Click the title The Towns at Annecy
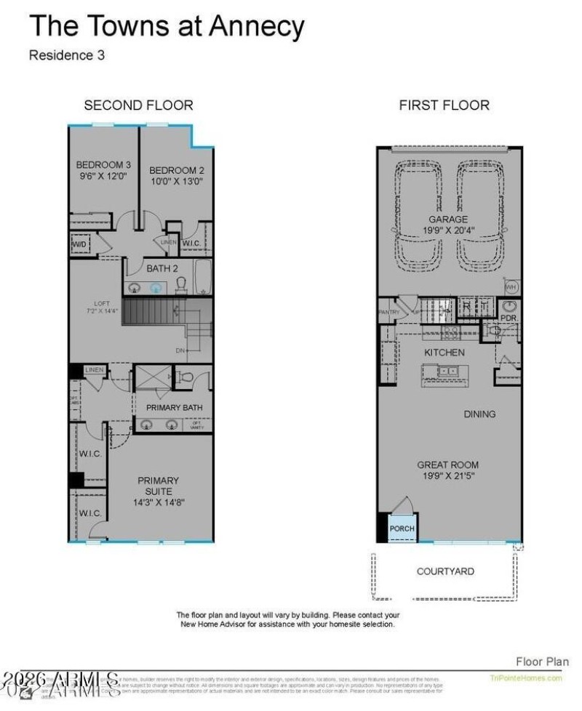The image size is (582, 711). click(x=166, y=27)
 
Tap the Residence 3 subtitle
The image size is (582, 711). click(x=67, y=56)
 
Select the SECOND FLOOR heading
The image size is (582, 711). click(x=138, y=105)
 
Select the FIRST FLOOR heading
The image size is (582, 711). click(x=444, y=105)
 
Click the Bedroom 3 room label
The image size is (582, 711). click(x=103, y=164)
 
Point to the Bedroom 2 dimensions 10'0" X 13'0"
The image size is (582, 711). click(x=176, y=182)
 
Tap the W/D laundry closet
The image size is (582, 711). click(x=79, y=245)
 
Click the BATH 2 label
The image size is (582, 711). click(x=162, y=268)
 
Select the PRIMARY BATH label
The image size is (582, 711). click(x=174, y=408)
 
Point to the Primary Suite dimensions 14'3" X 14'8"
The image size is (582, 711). click(x=157, y=502)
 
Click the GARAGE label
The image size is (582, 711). click(x=448, y=219)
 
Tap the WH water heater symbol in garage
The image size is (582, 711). click(x=511, y=286)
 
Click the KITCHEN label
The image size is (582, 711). click(x=444, y=353)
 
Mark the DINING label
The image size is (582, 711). click(x=479, y=414)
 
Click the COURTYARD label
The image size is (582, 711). click(x=445, y=571)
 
